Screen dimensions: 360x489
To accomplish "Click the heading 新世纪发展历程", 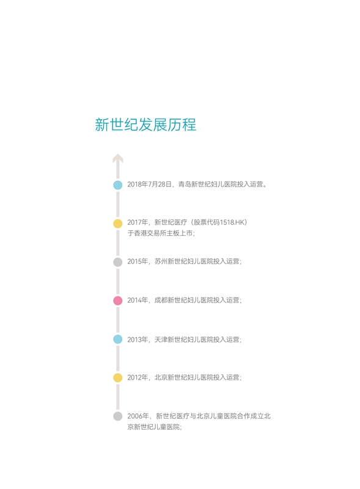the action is (x=145, y=125).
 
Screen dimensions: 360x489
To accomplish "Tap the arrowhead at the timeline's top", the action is (x=118, y=158).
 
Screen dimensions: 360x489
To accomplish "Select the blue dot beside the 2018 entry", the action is (x=117, y=185).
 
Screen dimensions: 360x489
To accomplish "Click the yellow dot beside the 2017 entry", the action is (x=117, y=224).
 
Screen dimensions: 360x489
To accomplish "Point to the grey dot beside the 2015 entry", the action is (x=117, y=262).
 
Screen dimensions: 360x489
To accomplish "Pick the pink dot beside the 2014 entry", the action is (x=117, y=301).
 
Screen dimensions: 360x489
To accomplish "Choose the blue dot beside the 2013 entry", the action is (x=117, y=339).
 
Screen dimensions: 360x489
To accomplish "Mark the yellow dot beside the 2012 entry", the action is (x=117, y=378).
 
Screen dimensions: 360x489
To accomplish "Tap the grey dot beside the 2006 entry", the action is (x=117, y=416).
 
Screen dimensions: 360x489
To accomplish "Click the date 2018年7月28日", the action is (x=149, y=185).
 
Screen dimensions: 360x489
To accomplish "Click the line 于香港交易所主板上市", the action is (x=160, y=233).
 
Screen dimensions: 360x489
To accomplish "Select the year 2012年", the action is (x=138, y=377).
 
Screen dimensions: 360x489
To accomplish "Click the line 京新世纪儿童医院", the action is (x=153, y=427).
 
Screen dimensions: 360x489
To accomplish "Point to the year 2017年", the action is (x=138, y=222).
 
